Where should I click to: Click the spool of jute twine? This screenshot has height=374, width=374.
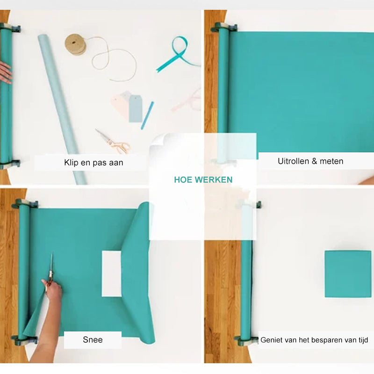(x=75, y=44)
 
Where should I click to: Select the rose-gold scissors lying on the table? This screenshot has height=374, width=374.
(x=113, y=142)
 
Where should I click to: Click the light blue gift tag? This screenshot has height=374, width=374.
(x=136, y=109)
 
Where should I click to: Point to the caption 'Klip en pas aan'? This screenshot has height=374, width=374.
(x=93, y=163)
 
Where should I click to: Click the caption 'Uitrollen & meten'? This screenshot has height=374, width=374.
(x=310, y=161)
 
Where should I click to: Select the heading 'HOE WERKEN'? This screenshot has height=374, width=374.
(x=203, y=180)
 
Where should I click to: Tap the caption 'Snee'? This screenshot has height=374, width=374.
(x=93, y=340)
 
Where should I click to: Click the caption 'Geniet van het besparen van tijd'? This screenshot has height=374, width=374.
(x=314, y=340)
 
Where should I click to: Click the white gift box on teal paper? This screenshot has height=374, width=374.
(x=112, y=274)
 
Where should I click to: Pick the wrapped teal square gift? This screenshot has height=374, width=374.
(x=348, y=274)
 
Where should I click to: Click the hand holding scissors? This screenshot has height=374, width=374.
(x=53, y=290)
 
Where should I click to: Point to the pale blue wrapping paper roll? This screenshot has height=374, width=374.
(x=62, y=109)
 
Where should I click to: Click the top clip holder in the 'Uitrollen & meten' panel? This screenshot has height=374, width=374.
(x=223, y=27)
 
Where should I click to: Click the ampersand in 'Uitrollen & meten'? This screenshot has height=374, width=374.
(x=314, y=161)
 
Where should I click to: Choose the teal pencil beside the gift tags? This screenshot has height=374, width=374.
(x=147, y=115)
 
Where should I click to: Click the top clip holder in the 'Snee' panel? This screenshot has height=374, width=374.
(x=25, y=203)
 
